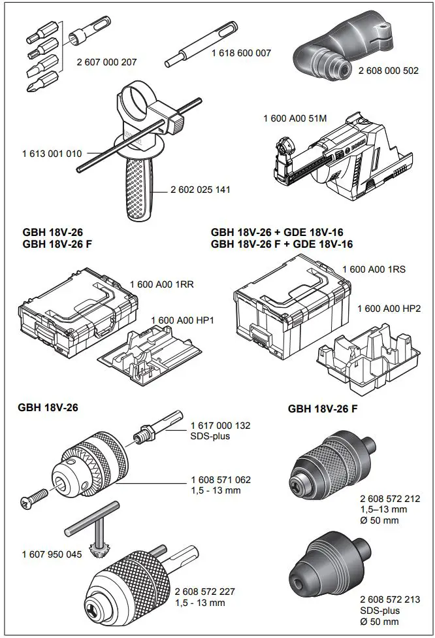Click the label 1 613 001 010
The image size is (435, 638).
pos(52,154)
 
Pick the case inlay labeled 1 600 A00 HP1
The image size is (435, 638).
pos(153,356)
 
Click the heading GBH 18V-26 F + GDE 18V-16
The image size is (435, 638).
pos(282,244)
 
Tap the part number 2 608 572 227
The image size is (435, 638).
pos(205,592)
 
